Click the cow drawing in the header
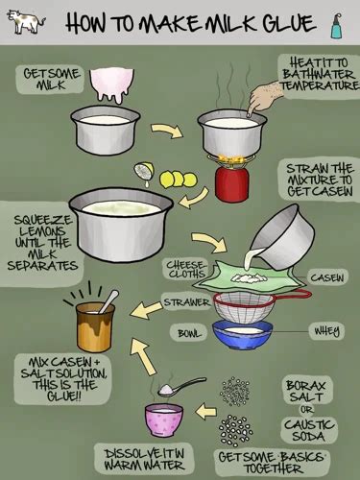click(x=26, y=22)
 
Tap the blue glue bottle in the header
click(x=336, y=26)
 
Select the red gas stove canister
click(x=231, y=183)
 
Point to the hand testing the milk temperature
click(x=266, y=97)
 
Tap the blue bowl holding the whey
click(x=243, y=334)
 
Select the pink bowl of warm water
click(x=164, y=420)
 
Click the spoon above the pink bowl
click(x=181, y=386)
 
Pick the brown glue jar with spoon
click(x=95, y=326)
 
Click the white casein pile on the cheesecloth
click(x=250, y=278)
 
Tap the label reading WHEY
click(x=326, y=331)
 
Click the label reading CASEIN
click(x=327, y=277)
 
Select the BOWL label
click(x=190, y=333)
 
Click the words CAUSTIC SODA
click(x=309, y=430)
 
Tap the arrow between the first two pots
click(x=167, y=131)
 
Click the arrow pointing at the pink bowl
click(x=206, y=412)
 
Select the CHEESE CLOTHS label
click(x=186, y=269)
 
